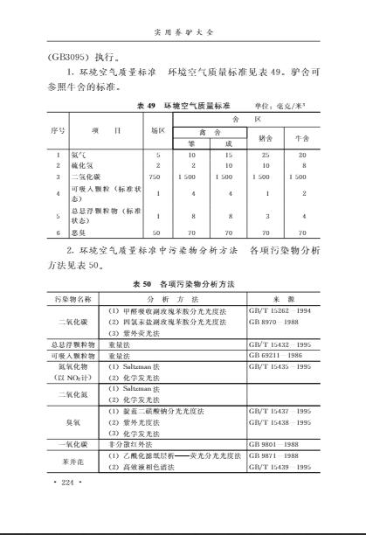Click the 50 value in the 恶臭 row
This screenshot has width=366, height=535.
coord(157,233)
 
